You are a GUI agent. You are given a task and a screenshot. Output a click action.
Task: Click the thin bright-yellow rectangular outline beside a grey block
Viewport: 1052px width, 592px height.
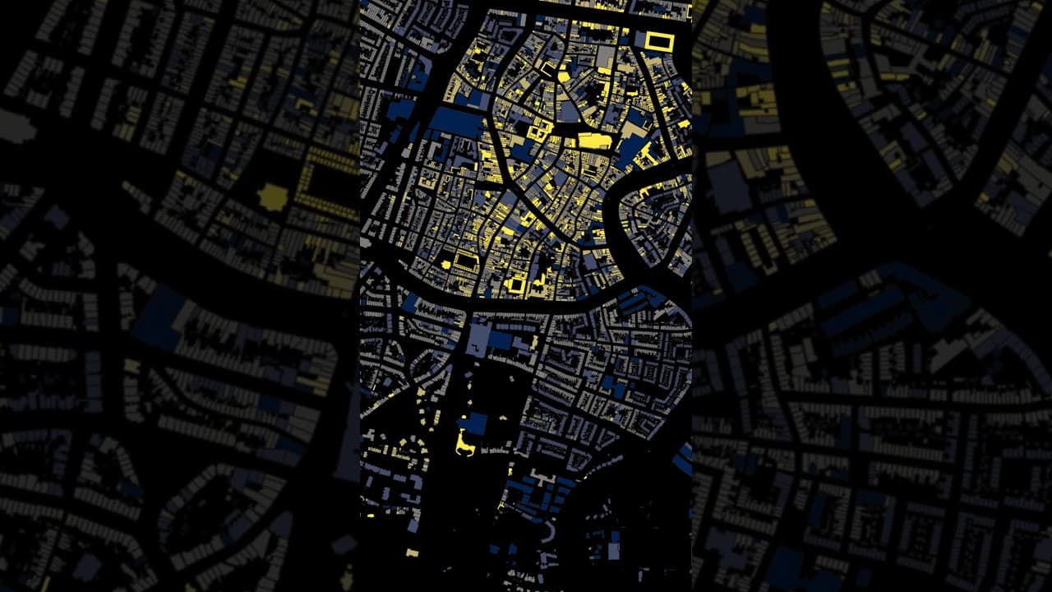(659, 41)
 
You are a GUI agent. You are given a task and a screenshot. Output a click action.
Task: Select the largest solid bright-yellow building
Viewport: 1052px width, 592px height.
(594, 141)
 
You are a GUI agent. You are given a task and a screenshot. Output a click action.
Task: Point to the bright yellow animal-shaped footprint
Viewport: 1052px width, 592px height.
(465, 445)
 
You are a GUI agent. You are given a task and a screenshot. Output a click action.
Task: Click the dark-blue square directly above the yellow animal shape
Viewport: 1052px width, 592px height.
(474, 424)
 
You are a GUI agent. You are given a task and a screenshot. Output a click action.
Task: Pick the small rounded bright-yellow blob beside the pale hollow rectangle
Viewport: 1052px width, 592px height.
(446, 265)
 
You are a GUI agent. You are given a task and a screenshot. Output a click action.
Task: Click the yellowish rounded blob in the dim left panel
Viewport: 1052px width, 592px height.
(273, 197)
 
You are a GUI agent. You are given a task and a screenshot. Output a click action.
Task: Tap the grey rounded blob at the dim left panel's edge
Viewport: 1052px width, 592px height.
(16, 127)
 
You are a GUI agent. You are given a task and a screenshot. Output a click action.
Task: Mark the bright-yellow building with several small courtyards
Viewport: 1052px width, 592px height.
(538, 132)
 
